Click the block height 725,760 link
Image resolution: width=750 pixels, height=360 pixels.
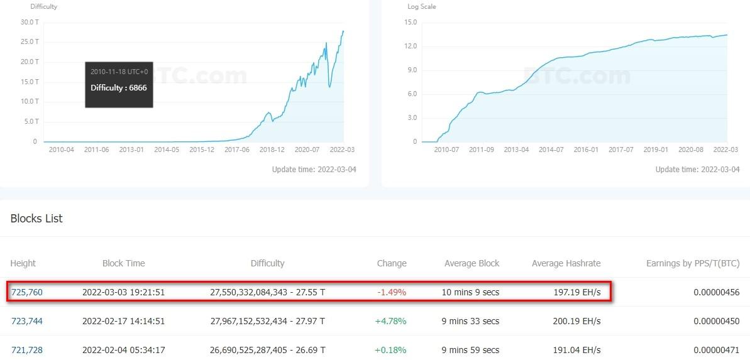click(x=27, y=292)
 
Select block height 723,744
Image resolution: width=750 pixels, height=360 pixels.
click(x=27, y=321)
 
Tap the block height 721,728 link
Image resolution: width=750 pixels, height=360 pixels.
click(x=27, y=350)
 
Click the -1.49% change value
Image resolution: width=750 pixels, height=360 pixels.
click(x=392, y=292)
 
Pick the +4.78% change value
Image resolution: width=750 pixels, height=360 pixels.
click(x=390, y=321)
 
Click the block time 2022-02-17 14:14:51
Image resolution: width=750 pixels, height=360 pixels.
click(x=123, y=321)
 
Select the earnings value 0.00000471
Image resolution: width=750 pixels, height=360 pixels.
click(x=717, y=350)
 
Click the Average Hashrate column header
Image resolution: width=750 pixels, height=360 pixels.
click(x=566, y=263)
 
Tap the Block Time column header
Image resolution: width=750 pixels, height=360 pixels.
click(x=123, y=263)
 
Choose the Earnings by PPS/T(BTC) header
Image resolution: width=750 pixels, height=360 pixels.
click(x=693, y=263)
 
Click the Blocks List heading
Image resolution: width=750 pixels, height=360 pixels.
click(x=36, y=219)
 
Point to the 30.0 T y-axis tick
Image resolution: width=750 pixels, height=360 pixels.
click(x=30, y=22)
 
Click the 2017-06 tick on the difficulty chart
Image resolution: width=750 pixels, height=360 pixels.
click(x=237, y=150)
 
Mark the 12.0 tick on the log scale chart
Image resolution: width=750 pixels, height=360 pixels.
click(x=411, y=46)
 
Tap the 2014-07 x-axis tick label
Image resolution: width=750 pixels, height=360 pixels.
click(x=551, y=150)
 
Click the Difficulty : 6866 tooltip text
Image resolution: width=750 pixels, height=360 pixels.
click(x=119, y=88)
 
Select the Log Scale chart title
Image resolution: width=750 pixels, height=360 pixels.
click(x=422, y=7)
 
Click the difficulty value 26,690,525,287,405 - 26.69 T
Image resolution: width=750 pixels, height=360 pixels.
click(x=267, y=350)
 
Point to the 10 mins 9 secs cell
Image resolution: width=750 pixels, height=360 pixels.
click(x=472, y=292)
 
